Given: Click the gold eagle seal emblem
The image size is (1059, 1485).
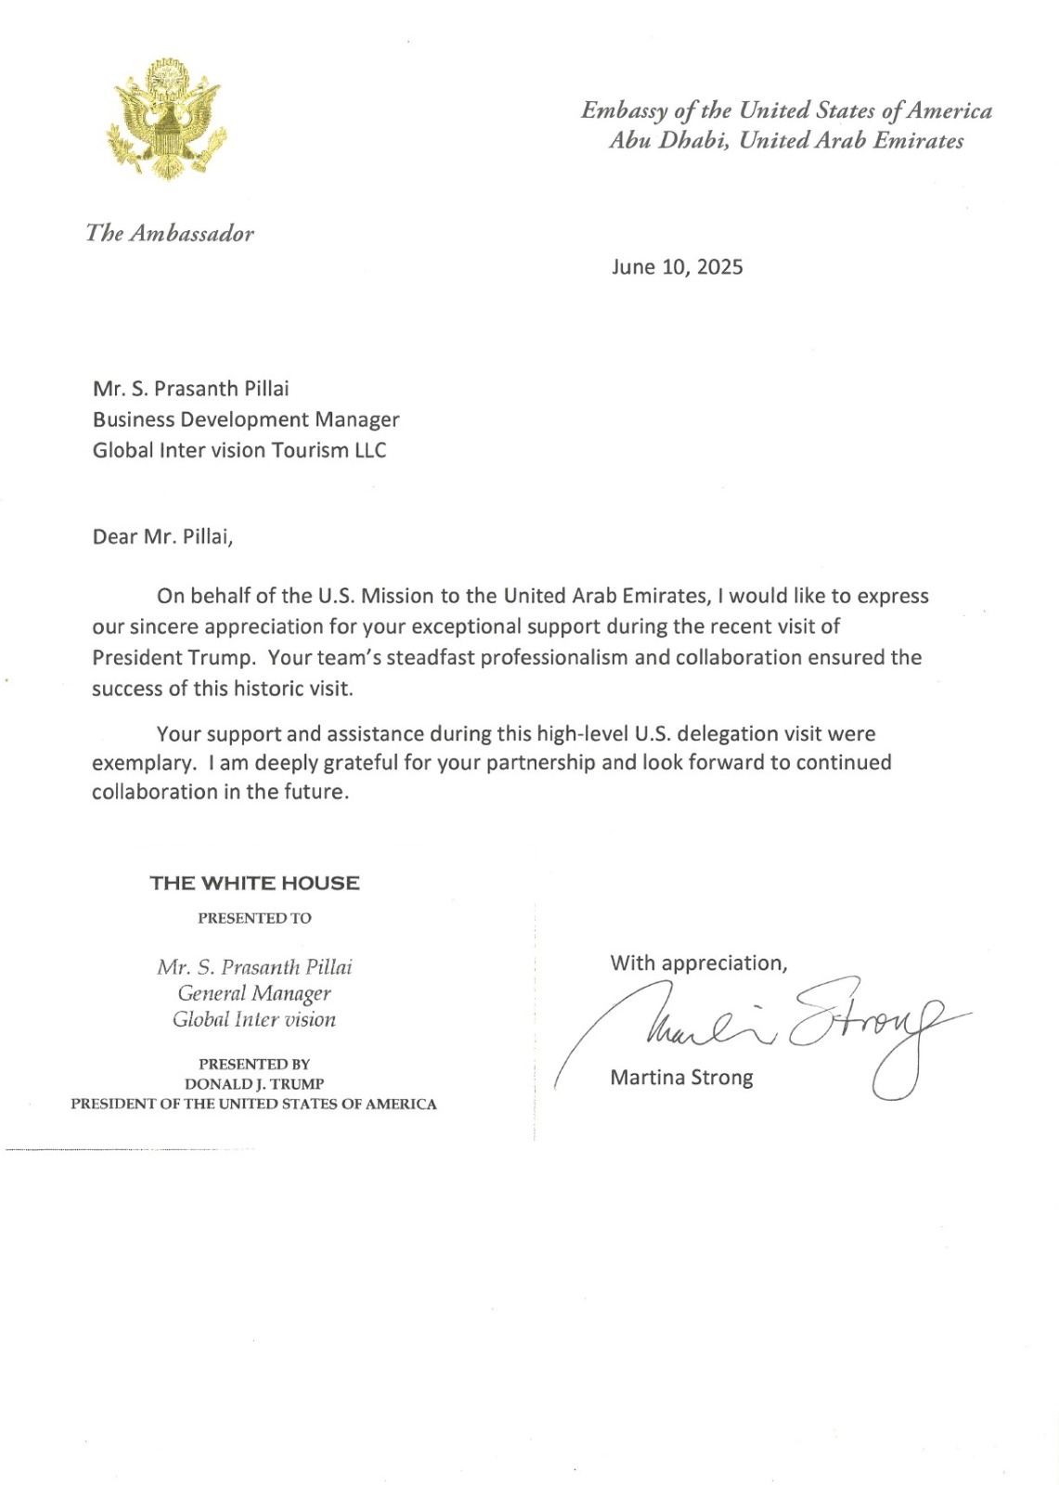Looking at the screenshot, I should [x=167, y=118].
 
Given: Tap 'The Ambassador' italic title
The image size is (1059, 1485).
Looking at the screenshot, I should [x=170, y=233].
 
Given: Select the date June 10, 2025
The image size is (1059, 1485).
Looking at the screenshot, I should [x=677, y=267].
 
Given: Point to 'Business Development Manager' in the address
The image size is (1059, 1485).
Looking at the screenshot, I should [x=246, y=420].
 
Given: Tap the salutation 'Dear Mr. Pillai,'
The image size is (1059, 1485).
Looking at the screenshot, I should [x=162, y=536].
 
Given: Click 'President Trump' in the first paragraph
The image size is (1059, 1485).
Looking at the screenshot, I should [x=173, y=657].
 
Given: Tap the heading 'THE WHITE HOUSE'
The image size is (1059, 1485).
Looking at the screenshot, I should [x=254, y=883].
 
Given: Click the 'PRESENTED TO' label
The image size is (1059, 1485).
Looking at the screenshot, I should [x=254, y=918].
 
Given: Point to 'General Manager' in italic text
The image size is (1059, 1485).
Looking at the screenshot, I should [x=254, y=993].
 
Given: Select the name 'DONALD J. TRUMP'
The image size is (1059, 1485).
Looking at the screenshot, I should [x=254, y=1084].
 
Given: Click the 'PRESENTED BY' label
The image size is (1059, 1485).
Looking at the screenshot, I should [x=254, y=1064].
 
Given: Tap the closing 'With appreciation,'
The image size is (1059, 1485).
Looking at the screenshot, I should [x=699, y=963].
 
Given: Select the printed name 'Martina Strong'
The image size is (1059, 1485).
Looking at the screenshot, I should [x=681, y=1078].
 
